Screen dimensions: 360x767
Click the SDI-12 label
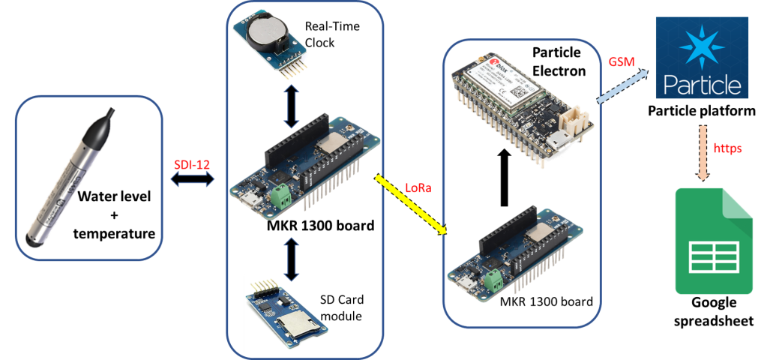point(190,164)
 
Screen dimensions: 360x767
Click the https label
point(727,148)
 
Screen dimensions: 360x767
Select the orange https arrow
point(703,151)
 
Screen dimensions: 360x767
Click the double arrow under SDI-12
point(193,181)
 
